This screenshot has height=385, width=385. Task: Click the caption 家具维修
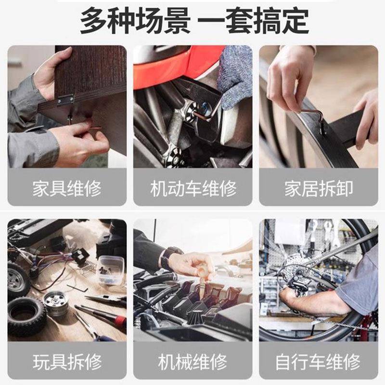pyautogui.click(x=67, y=188)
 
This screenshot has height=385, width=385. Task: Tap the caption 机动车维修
pyautogui.click(x=193, y=188)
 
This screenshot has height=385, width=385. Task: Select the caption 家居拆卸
pyautogui.click(x=318, y=188)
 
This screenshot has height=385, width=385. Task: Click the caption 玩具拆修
pyautogui.click(x=67, y=361)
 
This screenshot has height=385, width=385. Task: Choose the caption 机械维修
pyautogui.click(x=193, y=361)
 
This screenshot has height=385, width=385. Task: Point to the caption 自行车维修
pyautogui.click(x=318, y=361)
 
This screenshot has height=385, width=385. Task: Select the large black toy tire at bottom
pyautogui.click(x=26, y=316)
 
